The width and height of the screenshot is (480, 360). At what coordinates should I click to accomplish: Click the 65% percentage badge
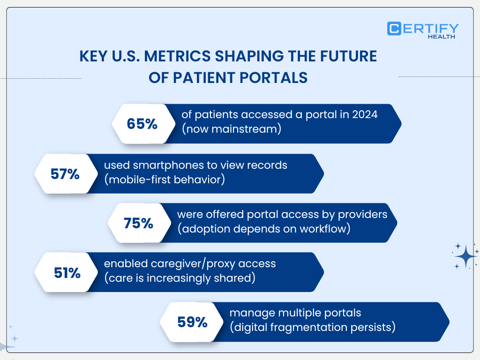[142, 124]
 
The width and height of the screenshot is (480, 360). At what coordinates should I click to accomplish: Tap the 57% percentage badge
[64, 174]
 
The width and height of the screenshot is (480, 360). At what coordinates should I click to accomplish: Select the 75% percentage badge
[138, 223]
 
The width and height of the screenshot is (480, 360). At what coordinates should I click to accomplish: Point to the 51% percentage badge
[67, 273]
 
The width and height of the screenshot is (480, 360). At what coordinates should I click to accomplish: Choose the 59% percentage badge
[192, 322]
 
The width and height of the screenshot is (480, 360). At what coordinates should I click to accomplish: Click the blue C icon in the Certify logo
[394, 29]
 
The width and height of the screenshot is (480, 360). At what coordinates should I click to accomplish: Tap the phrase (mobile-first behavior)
[164, 179]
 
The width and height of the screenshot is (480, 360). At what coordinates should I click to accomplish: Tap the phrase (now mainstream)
[232, 129]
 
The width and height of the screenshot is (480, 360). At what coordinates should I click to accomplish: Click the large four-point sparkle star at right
[465, 256]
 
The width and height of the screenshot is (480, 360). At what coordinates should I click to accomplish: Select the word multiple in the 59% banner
[291, 313]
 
